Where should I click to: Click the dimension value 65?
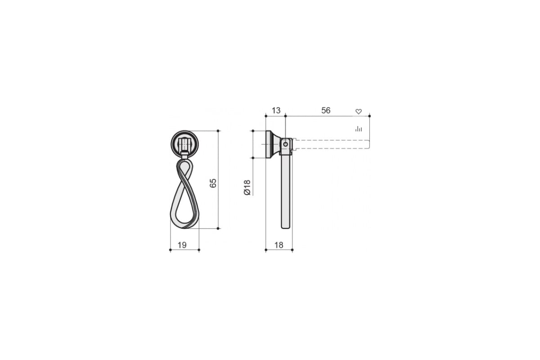pos(213,183)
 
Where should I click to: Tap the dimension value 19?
pos(182,245)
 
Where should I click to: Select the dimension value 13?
pos(276,110)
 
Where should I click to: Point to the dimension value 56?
pos(326,110)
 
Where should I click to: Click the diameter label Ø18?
pos(247,187)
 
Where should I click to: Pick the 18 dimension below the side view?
pos(279,245)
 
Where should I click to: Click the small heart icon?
pos(359,112)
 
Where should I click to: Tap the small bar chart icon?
pos(359,129)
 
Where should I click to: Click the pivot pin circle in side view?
pos(285,144)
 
